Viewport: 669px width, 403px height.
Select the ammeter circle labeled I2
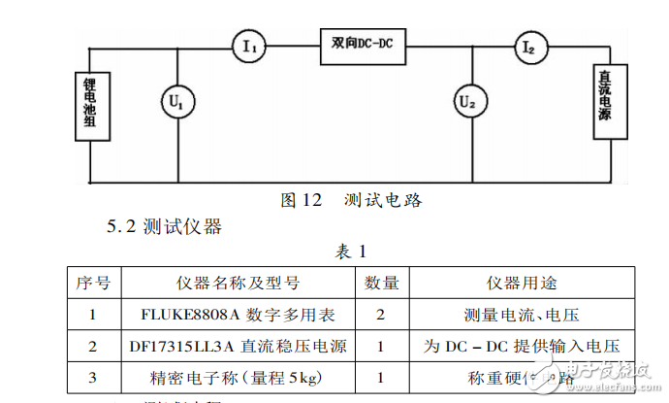coord(529,46)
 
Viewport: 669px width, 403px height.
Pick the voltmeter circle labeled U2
coord(468,100)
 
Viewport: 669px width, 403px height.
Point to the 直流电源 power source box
coord(604,101)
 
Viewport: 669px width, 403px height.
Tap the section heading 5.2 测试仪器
coord(164,227)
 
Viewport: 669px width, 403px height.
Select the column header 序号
coord(93,283)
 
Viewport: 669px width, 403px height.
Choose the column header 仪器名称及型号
coord(238,283)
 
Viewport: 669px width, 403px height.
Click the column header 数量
coord(382,283)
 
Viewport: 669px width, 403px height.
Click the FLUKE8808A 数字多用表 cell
coord(238,315)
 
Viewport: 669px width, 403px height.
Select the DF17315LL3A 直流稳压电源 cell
coord(238,346)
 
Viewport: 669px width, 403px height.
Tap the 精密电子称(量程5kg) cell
coord(238,377)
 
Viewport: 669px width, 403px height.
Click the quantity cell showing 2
coord(382,315)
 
